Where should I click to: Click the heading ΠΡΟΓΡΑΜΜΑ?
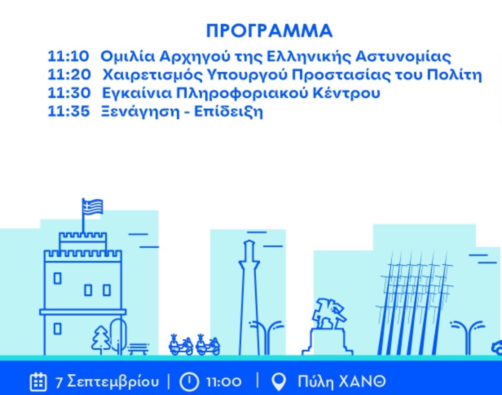[x=269, y=31]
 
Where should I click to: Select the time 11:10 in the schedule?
[x=68, y=56]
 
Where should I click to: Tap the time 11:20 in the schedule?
[x=69, y=75]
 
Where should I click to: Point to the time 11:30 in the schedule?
[x=69, y=93]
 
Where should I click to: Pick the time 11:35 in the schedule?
[x=68, y=111]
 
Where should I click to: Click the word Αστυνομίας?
[x=403, y=57]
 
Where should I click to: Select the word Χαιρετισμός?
[x=153, y=75]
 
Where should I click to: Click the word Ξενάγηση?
[x=141, y=112]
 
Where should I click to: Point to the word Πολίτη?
[x=454, y=75]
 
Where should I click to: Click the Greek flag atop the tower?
[x=92, y=207]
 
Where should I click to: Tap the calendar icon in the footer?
[x=38, y=382]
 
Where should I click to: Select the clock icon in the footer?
[x=189, y=382]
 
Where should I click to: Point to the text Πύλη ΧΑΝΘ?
[x=342, y=382]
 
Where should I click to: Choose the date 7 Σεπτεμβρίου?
[x=107, y=382]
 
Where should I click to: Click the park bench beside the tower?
[x=138, y=349]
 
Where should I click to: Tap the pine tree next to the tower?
[x=101, y=340]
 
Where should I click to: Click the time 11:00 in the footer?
[x=224, y=382]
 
